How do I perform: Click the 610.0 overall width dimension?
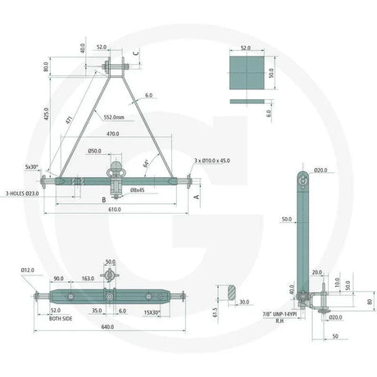pyautogui.click(x=114, y=210)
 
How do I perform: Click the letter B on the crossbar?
pyautogui.click(x=103, y=199)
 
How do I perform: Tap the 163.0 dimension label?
pyautogui.click(x=87, y=279)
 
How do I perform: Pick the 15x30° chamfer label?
pyautogui.click(x=152, y=311)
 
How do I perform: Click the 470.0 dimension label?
pyautogui.click(x=111, y=134)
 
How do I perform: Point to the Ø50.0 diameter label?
pyautogui.click(x=95, y=152)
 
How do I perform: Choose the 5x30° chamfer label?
pyautogui.click(x=32, y=166)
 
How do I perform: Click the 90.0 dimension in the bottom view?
pyautogui.click(x=59, y=279)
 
